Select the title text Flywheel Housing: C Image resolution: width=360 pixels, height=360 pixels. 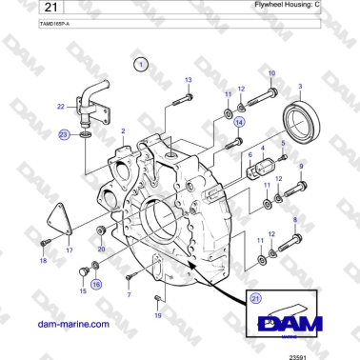pyautogui.click(x=315, y=6)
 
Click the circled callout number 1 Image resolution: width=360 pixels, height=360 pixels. pyautogui.click(x=141, y=65)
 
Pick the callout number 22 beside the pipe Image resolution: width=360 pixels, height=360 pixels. pyautogui.click(x=61, y=106)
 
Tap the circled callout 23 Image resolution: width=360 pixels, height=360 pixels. pyautogui.click(x=64, y=136)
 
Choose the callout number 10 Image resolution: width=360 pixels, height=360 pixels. pyautogui.click(x=271, y=73)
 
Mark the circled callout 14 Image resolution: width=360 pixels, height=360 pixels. pyautogui.click(x=240, y=122)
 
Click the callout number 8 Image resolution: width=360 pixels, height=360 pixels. pyautogui.click(x=294, y=220)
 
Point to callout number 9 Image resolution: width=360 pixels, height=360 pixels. pyautogui.click(x=301, y=168)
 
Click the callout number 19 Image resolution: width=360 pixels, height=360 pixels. pyautogui.click(x=158, y=314)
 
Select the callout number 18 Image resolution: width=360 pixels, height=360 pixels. pyautogui.click(x=43, y=260)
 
